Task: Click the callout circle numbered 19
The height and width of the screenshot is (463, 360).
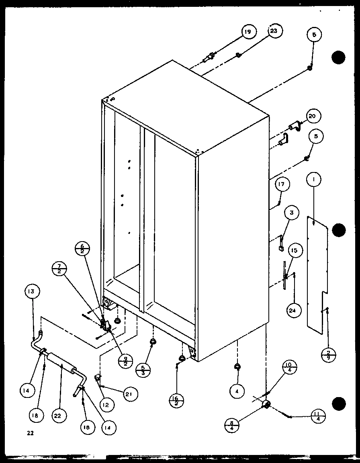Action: [x=249, y=31]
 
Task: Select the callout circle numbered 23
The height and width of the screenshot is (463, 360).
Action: [x=275, y=31]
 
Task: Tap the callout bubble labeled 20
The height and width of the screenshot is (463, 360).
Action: [x=312, y=116]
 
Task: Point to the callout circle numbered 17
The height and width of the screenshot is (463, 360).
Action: [x=282, y=185]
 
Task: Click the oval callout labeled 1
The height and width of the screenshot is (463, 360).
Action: [x=314, y=180]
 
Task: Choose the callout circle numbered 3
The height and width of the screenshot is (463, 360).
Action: [x=292, y=213]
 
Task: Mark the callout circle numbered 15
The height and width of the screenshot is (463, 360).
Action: [x=294, y=250]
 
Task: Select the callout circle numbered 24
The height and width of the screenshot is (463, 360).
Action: [x=294, y=310]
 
